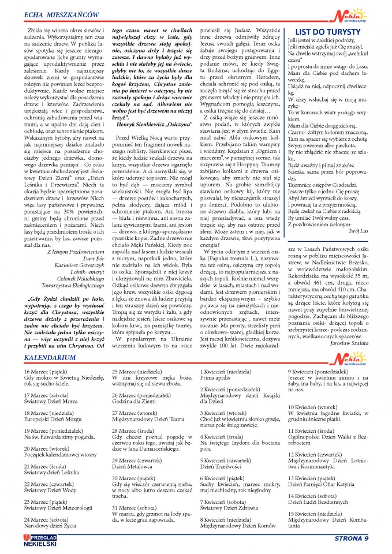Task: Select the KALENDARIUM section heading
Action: pos(50,358)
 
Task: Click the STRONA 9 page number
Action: pos(351,539)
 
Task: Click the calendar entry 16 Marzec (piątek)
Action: pos(48,372)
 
